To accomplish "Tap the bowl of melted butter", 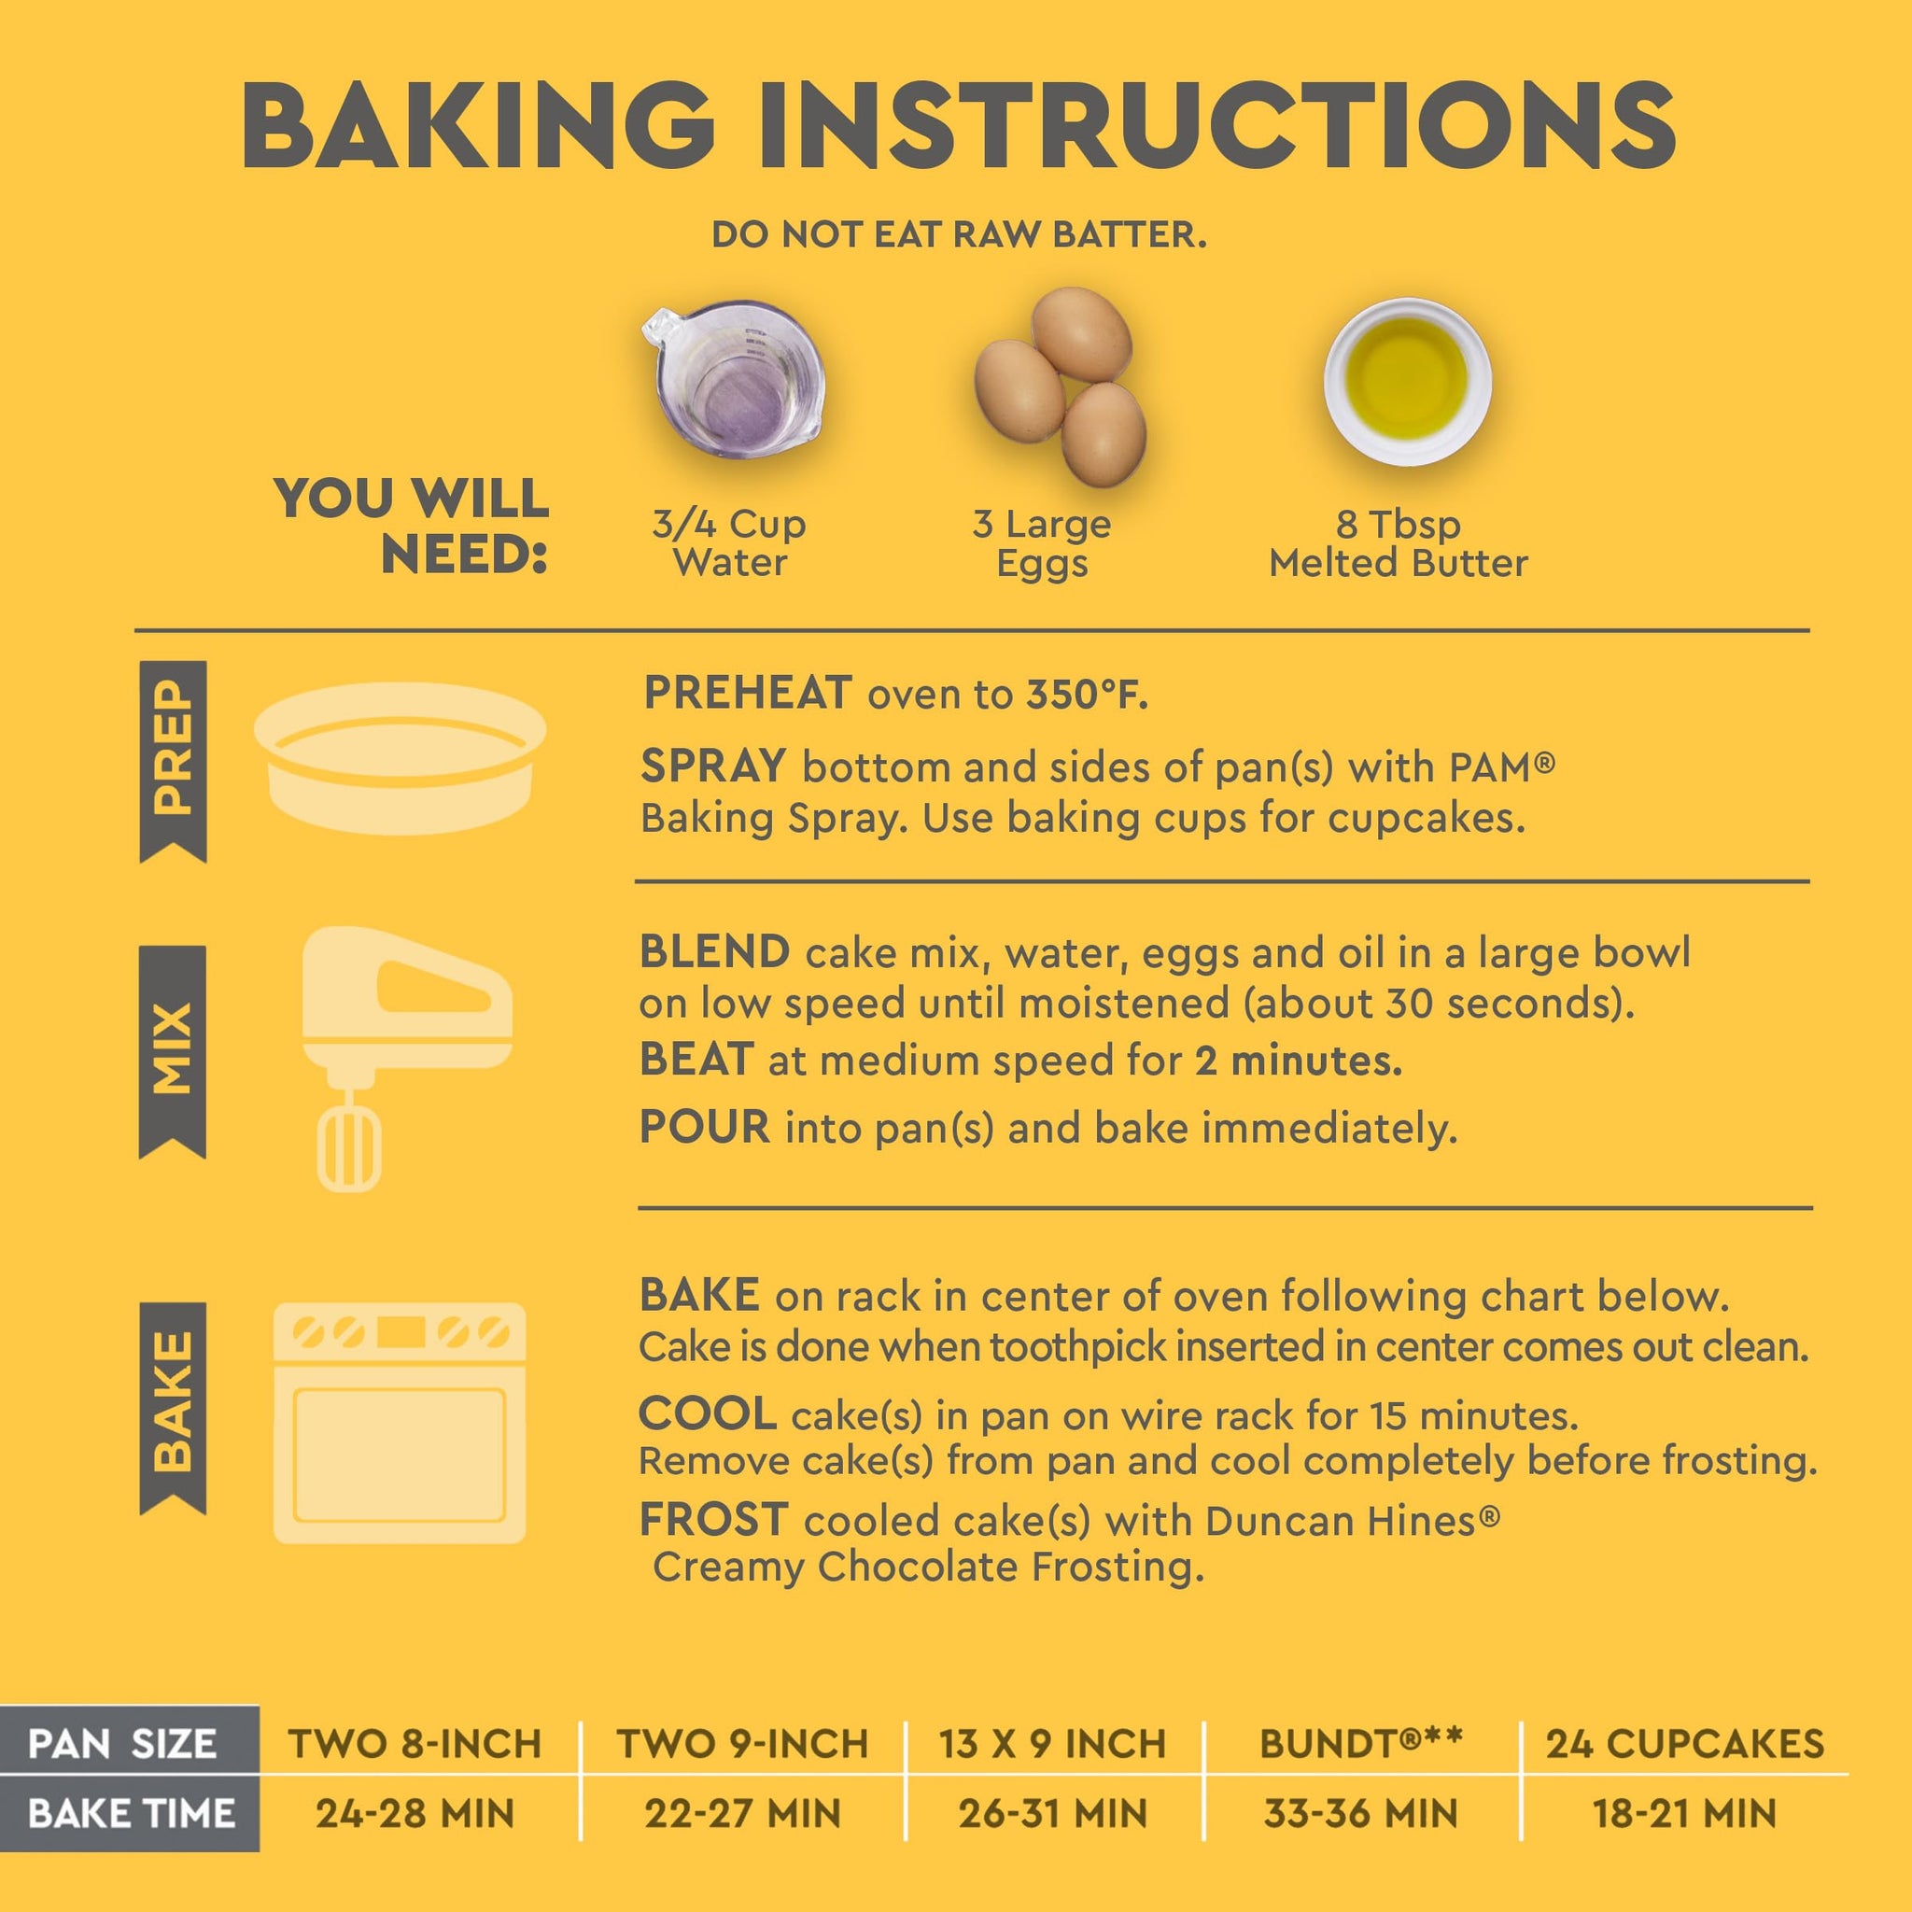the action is click(1407, 381).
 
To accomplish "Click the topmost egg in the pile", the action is click(1081, 334).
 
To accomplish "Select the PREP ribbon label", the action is click(174, 761).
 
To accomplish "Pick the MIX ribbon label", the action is click(174, 1051).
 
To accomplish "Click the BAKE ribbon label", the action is click(174, 1407).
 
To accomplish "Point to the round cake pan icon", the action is click(400, 757).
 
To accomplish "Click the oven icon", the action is click(400, 1423).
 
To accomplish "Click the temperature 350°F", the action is click(1087, 695).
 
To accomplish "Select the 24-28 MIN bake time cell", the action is click(415, 1814).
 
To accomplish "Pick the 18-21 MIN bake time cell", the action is click(1684, 1814).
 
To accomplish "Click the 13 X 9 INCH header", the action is click(1053, 1744).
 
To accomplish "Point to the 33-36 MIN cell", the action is click(1361, 1814).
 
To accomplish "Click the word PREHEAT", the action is click(747, 693).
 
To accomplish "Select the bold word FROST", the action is click(713, 1520).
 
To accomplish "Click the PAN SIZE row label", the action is click(122, 1744).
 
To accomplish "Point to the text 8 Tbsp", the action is click(1399, 523).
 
